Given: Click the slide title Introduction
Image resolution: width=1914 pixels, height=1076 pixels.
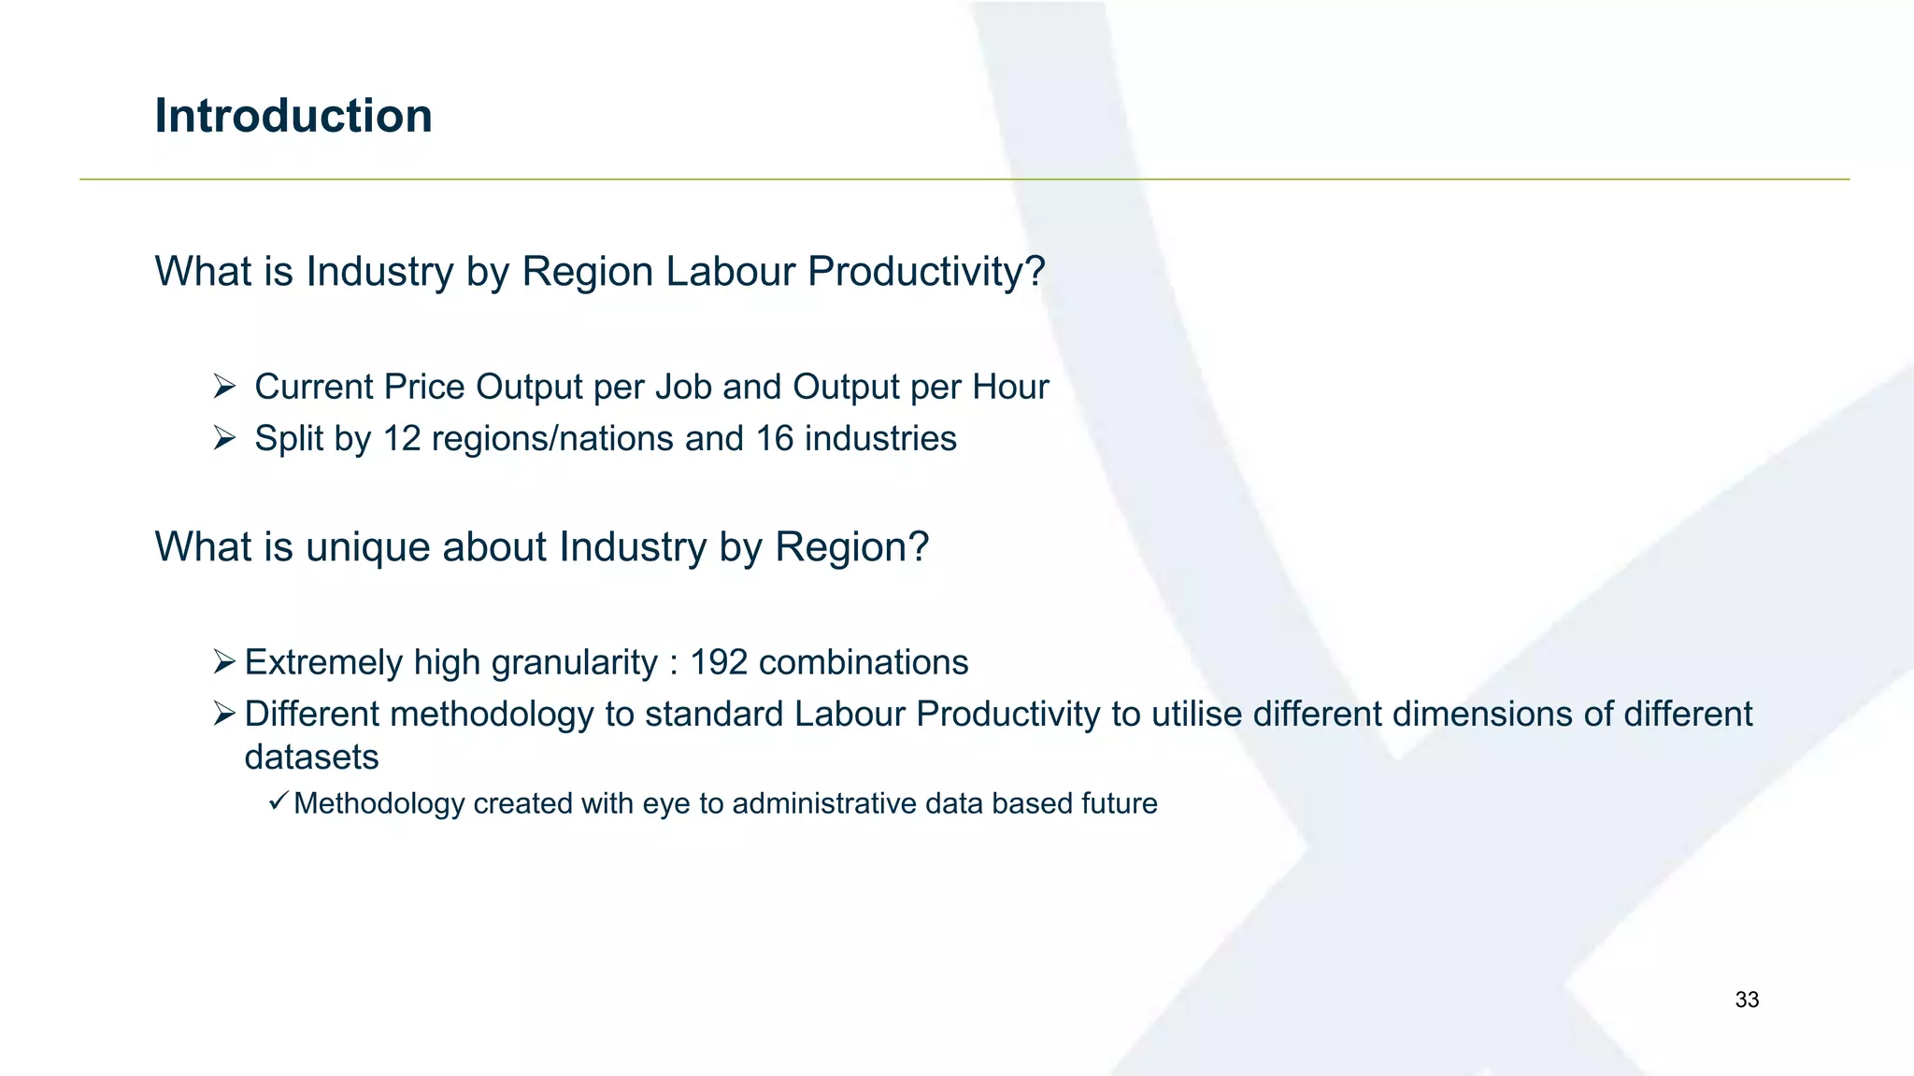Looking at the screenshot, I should [x=293, y=117].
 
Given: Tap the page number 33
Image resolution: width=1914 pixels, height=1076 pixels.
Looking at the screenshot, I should [x=1747, y=1000].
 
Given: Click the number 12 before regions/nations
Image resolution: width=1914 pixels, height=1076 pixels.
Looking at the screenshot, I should [x=402, y=439].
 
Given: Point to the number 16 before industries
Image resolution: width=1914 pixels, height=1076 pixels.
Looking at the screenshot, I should [x=774, y=439].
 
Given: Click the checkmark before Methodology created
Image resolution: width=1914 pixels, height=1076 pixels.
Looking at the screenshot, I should [x=278, y=800].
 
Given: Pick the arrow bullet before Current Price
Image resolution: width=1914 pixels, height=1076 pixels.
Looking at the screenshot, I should [x=223, y=386].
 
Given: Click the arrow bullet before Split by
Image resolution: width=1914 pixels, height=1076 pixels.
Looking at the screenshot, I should [x=223, y=437].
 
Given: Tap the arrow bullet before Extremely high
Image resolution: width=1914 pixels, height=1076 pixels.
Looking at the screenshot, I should [x=223, y=662].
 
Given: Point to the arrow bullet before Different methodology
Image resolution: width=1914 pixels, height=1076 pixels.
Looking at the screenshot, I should [x=223, y=714].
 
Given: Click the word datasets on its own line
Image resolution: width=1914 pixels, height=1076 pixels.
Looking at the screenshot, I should [x=311, y=757].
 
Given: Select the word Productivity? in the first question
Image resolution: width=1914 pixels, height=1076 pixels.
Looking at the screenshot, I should [x=925, y=273].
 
